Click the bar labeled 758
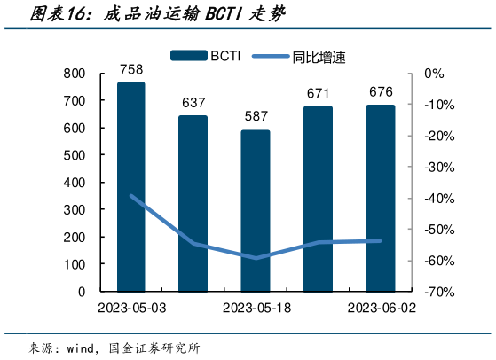[x=130, y=186]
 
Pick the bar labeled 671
[x=319, y=199]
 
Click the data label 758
[x=130, y=68]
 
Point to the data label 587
[x=256, y=117]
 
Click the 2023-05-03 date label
[x=131, y=308]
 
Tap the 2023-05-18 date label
[x=256, y=308]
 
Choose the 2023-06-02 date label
[x=381, y=308]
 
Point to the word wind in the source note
[x=83, y=347]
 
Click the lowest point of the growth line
[x=256, y=258]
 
